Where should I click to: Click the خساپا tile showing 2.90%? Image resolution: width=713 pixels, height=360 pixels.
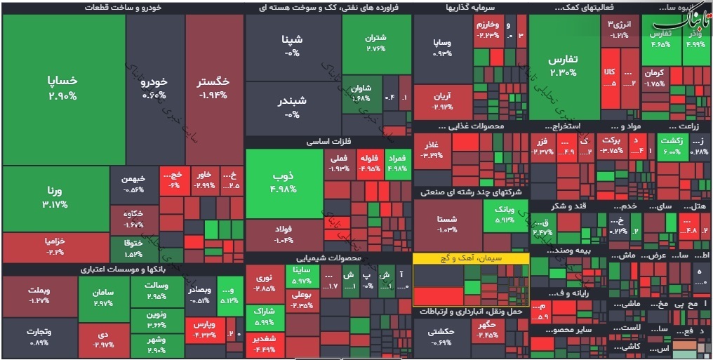(62, 88)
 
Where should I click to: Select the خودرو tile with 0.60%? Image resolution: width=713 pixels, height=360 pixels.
(154, 88)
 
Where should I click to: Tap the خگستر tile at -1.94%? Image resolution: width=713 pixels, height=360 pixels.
(213, 88)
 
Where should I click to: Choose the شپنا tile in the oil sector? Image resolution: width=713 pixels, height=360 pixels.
(293, 45)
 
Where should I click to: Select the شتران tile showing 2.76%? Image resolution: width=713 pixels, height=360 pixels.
(376, 44)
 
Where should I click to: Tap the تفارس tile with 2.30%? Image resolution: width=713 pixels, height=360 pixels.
(562, 66)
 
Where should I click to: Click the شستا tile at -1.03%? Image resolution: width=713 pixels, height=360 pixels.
(446, 224)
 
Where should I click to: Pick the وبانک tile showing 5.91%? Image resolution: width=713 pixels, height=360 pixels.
(505, 215)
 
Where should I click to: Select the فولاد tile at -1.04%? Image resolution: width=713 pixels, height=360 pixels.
(284, 234)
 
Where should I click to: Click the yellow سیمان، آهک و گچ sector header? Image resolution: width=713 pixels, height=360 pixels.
(470, 259)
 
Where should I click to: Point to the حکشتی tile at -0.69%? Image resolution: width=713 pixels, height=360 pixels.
(441, 336)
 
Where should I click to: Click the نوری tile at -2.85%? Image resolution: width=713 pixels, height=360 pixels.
(265, 284)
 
